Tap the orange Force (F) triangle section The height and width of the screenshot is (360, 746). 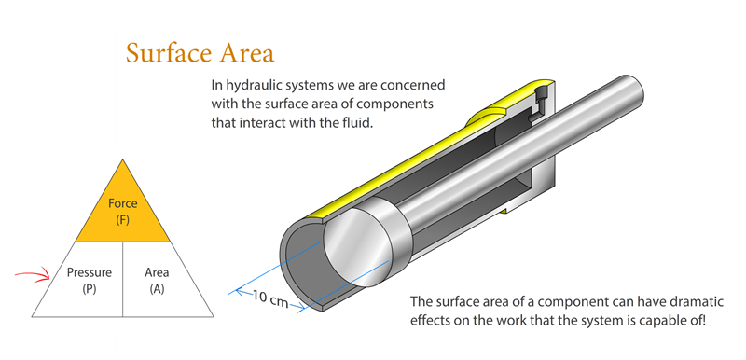point(123,211)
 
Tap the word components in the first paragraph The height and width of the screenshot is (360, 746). point(399,104)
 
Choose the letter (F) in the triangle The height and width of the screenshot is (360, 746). point(123,219)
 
